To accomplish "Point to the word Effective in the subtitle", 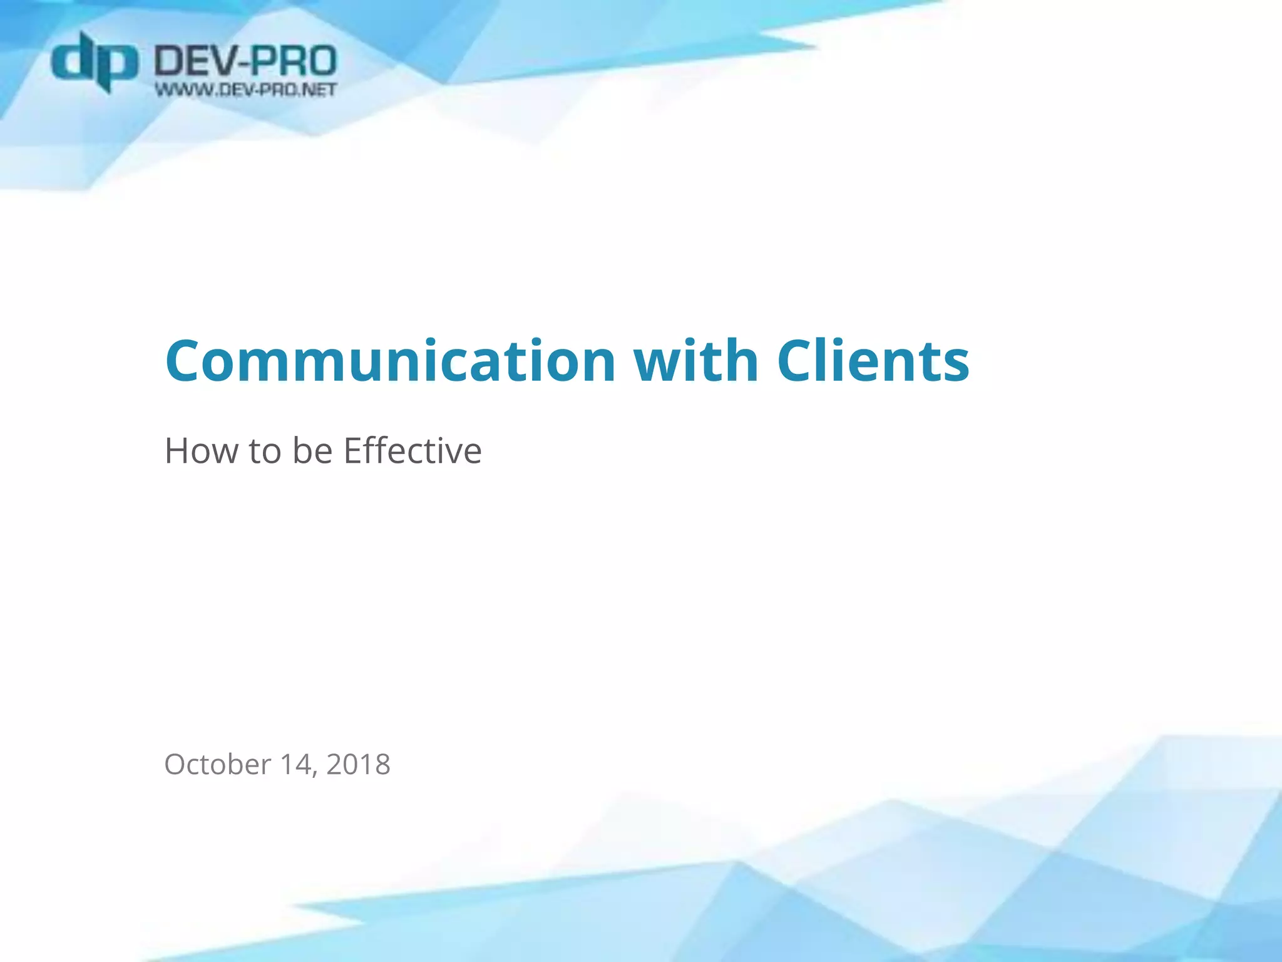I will tap(413, 450).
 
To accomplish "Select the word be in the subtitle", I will tap(312, 450).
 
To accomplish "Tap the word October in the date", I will tap(217, 764).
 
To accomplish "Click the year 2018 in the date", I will tap(358, 764).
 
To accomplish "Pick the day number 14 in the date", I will tap(294, 764).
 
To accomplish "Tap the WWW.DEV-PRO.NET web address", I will tap(245, 90).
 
